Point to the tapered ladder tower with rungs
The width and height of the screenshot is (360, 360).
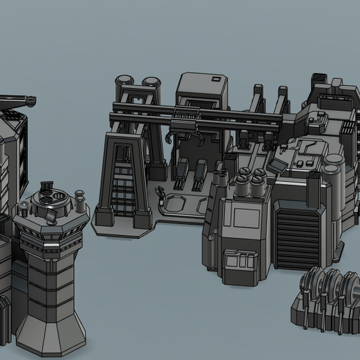(123, 178)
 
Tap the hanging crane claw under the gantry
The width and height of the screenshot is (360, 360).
(197, 136)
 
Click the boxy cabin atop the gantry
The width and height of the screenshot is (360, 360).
(203, 91)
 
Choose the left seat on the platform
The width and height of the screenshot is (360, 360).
(182, 174)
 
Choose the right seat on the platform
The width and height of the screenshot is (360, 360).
(200, 174)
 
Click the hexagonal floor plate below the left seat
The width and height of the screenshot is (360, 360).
(174, 204)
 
